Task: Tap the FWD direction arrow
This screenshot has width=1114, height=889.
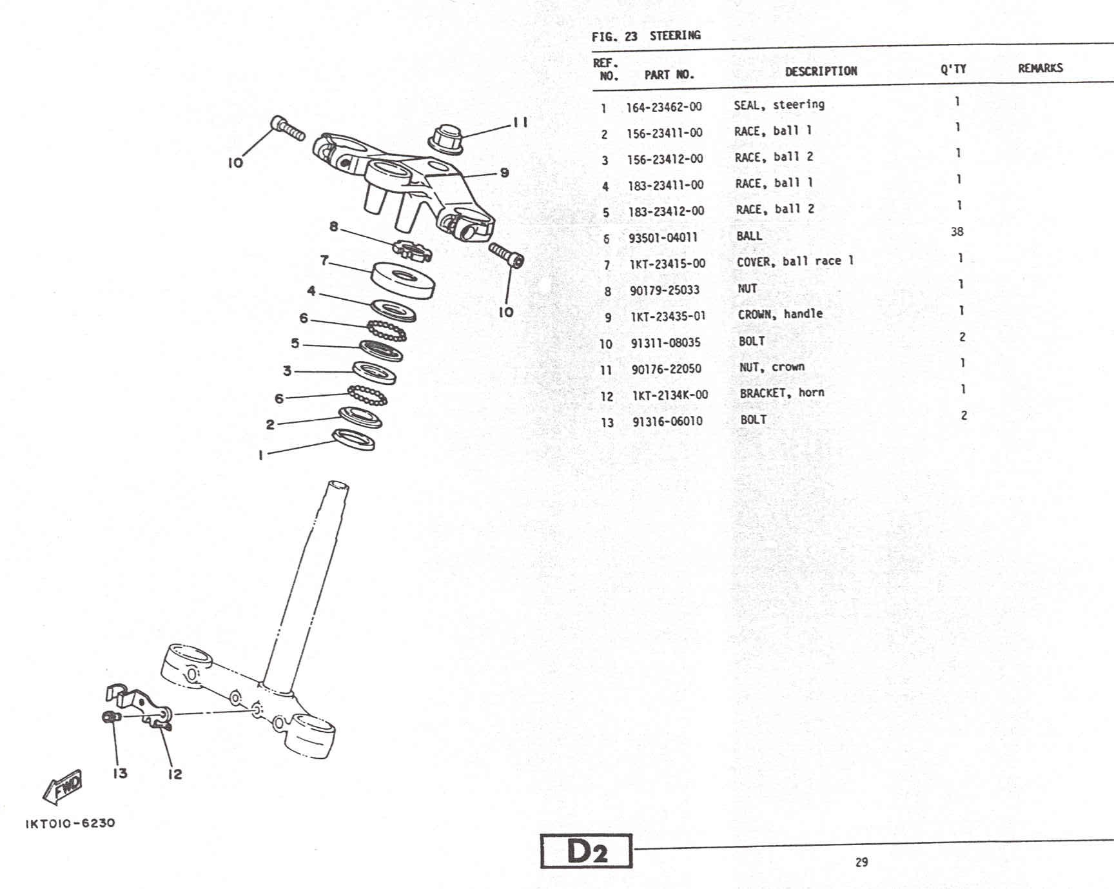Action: pos(63,787)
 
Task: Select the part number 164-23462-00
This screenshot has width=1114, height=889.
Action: pos(664,107)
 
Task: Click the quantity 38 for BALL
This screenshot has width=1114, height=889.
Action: pos(957,231)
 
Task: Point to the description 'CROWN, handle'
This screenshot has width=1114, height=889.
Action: pos(780,315)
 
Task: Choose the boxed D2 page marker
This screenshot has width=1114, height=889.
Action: pos(586,852)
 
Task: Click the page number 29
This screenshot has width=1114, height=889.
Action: pos(861,862)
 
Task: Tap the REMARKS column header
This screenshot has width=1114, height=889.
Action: pos(1040,68)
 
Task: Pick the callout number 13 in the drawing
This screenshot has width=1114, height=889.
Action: pos(120,773)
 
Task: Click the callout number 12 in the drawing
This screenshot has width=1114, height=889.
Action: pos(175,774)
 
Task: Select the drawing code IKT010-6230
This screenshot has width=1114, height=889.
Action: pos(70,823)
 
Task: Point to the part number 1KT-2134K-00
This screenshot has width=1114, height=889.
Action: pos(670,395)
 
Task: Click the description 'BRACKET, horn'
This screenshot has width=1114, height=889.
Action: pos(781,393)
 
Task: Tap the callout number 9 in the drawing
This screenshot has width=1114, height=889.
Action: pos(504,173)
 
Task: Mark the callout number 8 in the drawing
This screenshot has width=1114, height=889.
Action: pos(333,226)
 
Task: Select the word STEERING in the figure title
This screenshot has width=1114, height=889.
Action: pos(674,35)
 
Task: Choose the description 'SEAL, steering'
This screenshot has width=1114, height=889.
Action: pos(779,105)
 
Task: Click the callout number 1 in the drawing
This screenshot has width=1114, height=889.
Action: pos(260,455)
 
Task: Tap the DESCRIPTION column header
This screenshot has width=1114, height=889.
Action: pos(821,72)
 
